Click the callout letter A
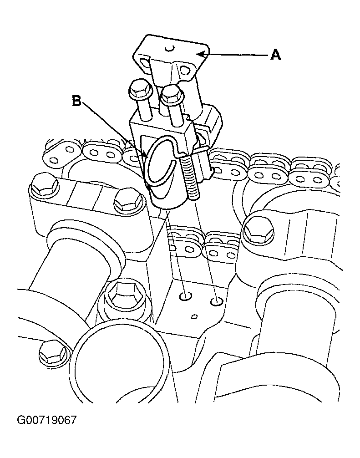click(x=276, y=55)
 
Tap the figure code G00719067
click(x=47, y=420)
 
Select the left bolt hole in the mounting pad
click(x=185, y=296)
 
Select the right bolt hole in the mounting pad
click(x=217, y=301)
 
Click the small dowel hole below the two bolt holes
click(x=194, y=316)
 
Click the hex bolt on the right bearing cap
click(x=259, y=230)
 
